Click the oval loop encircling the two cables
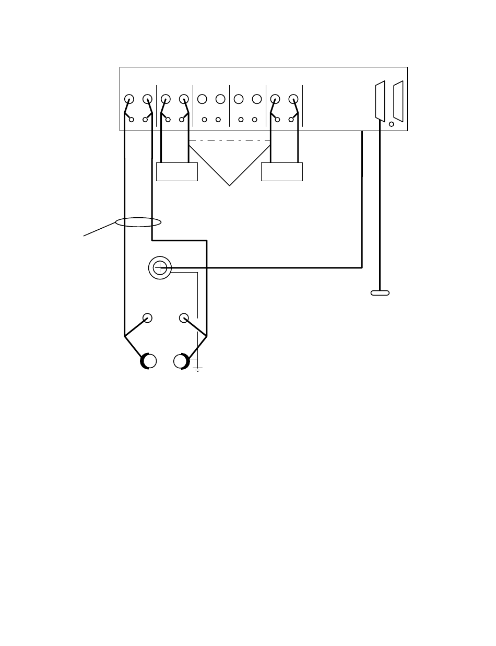(x=138, y=223)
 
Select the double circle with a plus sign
(x=160, y=268)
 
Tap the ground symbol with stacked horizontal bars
(x=197, y=369)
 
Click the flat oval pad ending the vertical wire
(x=380, y=292)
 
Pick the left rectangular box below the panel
(x=178, y=172)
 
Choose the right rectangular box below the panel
(x=282, y=172)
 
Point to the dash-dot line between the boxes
(x=230, y=140)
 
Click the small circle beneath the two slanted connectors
(x=392, y=124)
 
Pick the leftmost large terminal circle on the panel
(x=129, y=99)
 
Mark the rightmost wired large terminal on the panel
(x=293, y=99)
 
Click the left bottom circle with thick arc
(x=148, y=361)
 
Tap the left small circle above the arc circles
(x=148, y=318)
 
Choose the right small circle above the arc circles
(x=184, y=318)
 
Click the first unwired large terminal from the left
(x=203, y=99)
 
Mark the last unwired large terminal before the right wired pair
(x=256, y=99)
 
